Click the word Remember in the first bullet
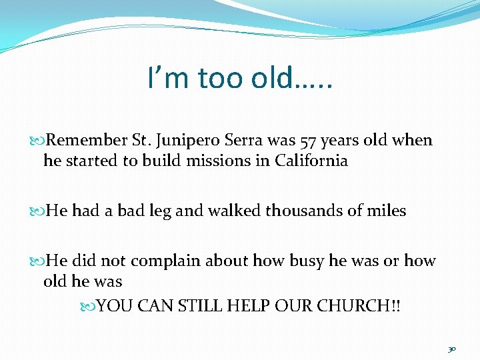click(x=87, y=141)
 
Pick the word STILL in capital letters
click(x=199, y=306)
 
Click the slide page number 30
click(x=451, y=349)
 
